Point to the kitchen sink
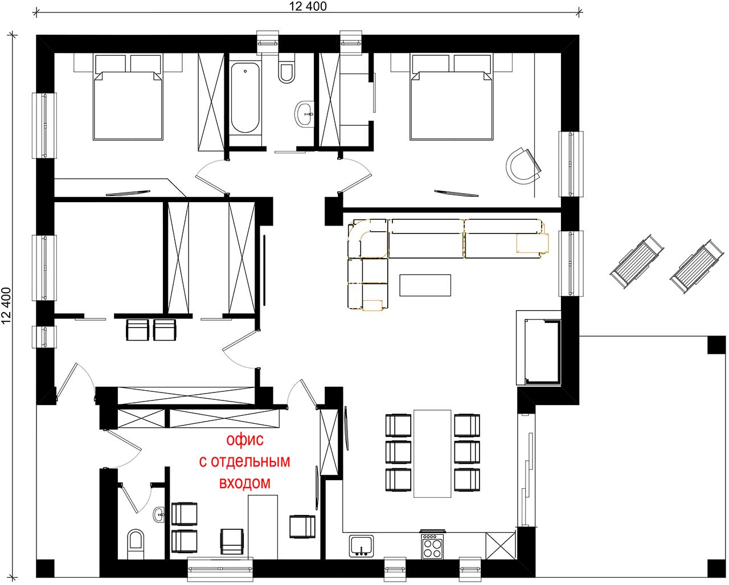362,546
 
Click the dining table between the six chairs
432,453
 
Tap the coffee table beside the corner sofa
425,285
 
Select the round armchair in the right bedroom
523,166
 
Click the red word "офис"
245,440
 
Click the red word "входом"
245,483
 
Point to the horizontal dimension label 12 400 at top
308,6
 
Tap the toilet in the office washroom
136,544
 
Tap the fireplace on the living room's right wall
539,348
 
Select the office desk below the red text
263,527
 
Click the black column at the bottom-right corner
717,568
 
